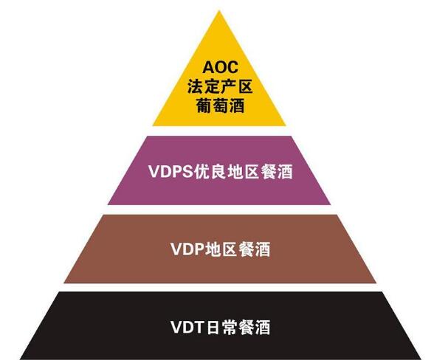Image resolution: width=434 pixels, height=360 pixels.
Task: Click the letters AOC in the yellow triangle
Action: pos(220,67)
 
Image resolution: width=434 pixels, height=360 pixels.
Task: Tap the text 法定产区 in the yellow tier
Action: pos(220,86)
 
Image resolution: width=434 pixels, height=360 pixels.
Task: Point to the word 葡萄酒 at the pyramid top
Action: pos(220,105)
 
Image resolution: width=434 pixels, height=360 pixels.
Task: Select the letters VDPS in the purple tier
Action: pos(170,172)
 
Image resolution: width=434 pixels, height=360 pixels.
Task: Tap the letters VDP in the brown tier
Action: pos(187,249)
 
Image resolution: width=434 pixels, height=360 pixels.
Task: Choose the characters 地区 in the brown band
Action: pos(220,249)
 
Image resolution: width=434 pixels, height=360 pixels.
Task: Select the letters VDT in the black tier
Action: pos(187,327)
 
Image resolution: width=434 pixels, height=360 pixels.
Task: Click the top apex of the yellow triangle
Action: pos(219,11)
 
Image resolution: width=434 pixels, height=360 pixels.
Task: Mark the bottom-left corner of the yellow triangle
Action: pos(153,126)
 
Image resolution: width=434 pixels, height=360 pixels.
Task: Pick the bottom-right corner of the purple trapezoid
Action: pos(331,204)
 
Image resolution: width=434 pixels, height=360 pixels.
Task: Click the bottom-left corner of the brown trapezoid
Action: pos(64,283)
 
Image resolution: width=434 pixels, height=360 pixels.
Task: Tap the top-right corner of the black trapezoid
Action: pos(382,292)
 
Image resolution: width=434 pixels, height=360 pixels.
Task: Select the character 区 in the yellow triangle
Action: pos(245,86)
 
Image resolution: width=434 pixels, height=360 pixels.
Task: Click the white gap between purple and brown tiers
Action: pos(219,210)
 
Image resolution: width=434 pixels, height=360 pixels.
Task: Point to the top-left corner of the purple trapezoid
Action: pos(146,136)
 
